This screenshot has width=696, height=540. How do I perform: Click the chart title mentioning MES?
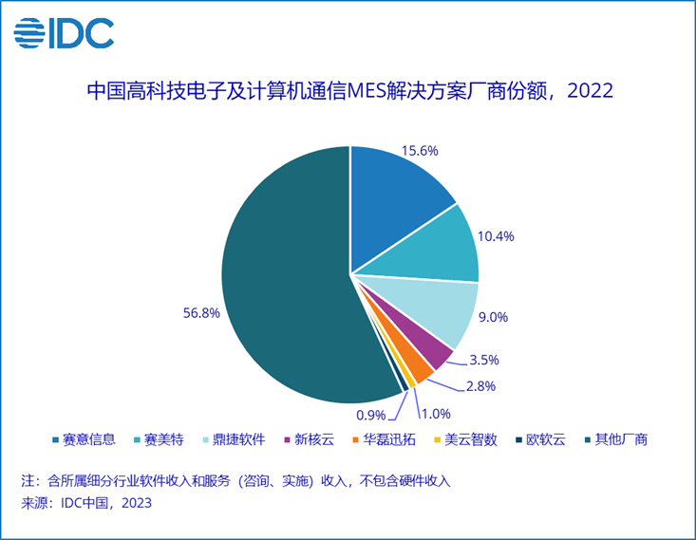click(x=348, y=92)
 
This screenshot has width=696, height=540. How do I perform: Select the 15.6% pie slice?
click(x=398, y=190)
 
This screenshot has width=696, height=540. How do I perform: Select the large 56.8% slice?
click(x=285, y=275)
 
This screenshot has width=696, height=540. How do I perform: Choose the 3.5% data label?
click(x=483, y=361)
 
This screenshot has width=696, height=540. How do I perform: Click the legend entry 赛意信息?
click(x=88, y=439)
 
